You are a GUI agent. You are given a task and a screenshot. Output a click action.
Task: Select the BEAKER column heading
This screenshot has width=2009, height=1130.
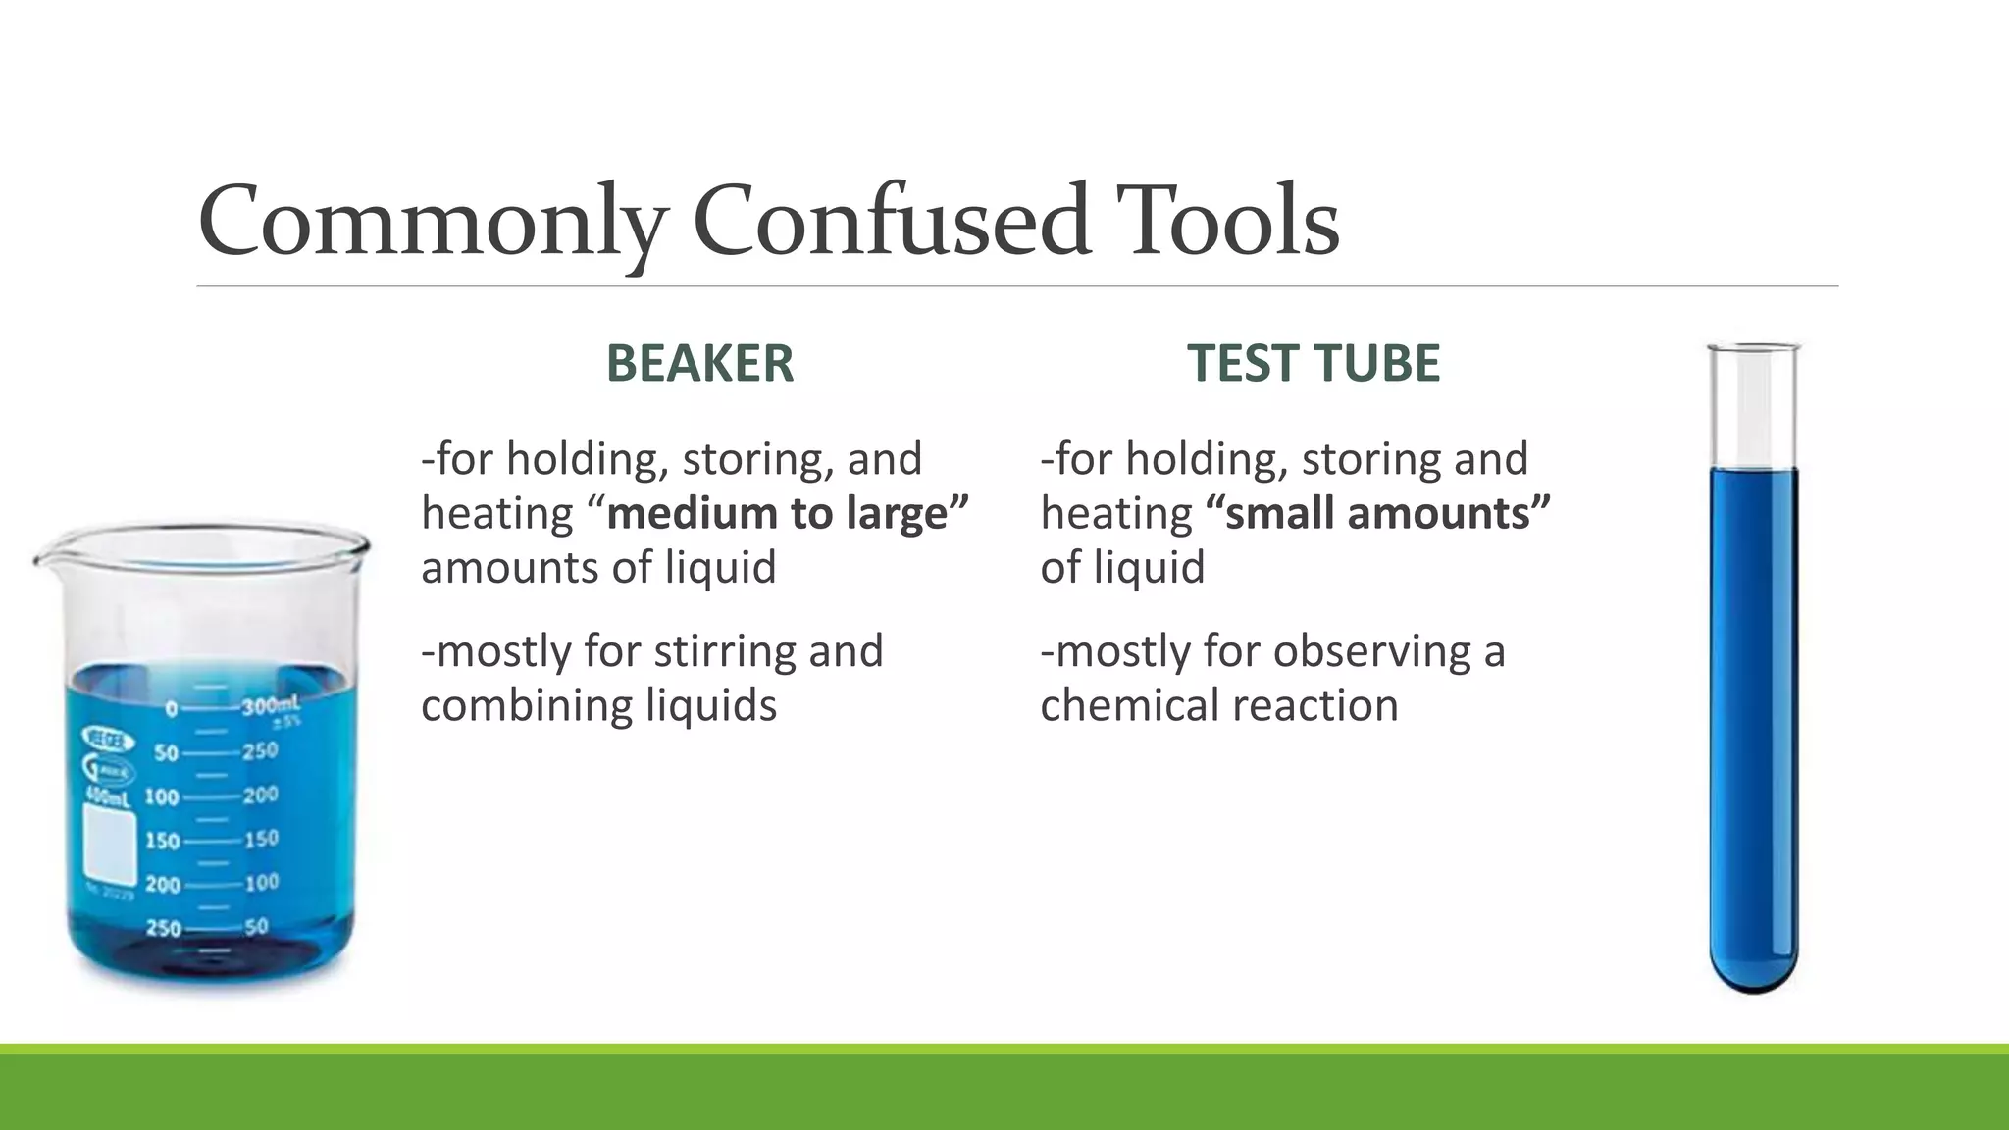[x=699, y=363]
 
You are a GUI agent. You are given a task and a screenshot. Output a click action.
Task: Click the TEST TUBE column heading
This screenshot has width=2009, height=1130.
[x=1314, y=363]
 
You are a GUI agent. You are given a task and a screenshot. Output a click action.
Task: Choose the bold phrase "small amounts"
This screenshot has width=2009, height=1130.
[x=1378, y=513]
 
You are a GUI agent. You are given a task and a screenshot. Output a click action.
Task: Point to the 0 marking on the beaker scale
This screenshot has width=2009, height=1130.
[x=171, y=709]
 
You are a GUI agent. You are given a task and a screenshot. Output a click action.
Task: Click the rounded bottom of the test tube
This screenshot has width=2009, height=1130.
[x=1754, y=977]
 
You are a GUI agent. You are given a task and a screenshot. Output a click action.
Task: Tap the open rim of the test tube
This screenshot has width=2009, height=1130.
[x=1754, y=347]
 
